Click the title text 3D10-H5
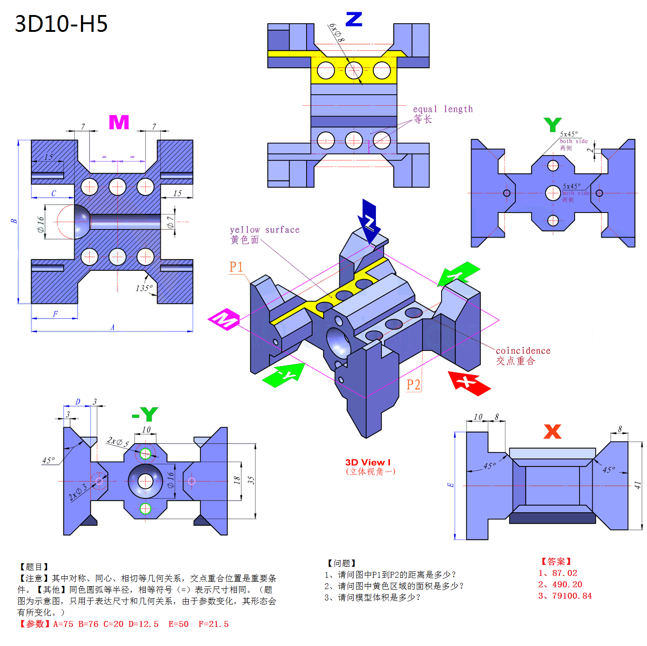coord(61,24)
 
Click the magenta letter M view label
coord(119,122)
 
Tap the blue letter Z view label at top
coord(354,19)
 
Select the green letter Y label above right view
coord(552,124)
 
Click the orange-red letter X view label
coord(552,431)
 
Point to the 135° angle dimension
coord(144,288)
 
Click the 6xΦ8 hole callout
coord(337,33)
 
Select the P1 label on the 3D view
coord(236,267)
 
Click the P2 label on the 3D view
coord(413,385)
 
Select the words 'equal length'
coord(442,109)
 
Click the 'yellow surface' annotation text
coord(264,230)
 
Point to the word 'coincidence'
coord(523,351)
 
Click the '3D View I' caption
coord(368,462)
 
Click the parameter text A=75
coord(63,624)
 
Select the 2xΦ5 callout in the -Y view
coord(118,442)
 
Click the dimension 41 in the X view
coord(637,485)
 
